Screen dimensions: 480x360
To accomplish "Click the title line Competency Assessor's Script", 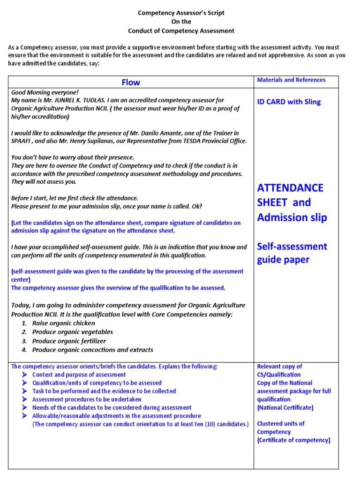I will (x=181, y=13).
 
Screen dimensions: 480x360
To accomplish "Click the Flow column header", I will (x=131, y=82).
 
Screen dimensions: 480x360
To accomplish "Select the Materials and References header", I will (x=291, y=80).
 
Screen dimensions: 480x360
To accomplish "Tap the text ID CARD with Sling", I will (x=289, y=102).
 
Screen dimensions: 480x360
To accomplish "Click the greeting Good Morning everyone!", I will (x=45, y=92).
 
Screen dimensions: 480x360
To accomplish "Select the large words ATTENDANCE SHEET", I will (x=290, y=195).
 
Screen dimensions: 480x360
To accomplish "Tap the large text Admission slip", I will (x=292, y=217).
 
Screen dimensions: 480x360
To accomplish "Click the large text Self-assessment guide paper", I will (x=292, y=253).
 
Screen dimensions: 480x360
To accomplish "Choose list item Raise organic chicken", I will (x=63, y=323).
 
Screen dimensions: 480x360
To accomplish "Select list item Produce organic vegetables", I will (x=72, y=332).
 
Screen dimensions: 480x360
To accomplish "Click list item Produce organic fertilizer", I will (x=69, y=341).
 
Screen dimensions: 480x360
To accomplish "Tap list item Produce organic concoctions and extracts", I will (x=92, y=350).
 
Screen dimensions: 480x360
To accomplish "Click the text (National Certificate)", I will (x=285, y=408).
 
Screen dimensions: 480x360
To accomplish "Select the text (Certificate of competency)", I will (x=293, y=440).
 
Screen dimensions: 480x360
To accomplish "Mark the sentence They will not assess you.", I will (x=44, y=182).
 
